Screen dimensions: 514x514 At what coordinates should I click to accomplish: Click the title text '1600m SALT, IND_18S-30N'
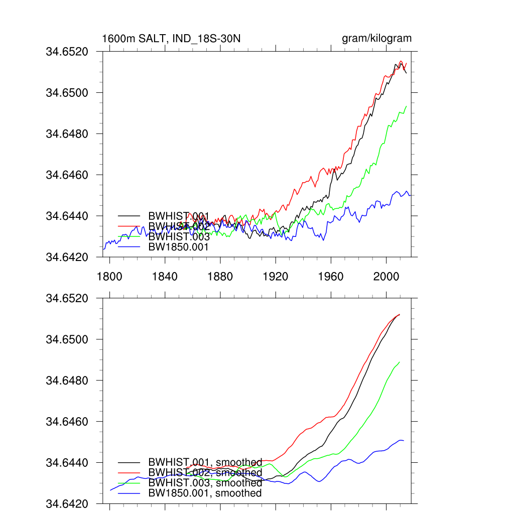click(171, 39)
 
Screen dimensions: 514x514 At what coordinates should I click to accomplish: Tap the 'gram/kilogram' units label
click(376, 39)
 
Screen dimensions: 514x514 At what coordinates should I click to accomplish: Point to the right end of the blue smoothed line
click(404, 441)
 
